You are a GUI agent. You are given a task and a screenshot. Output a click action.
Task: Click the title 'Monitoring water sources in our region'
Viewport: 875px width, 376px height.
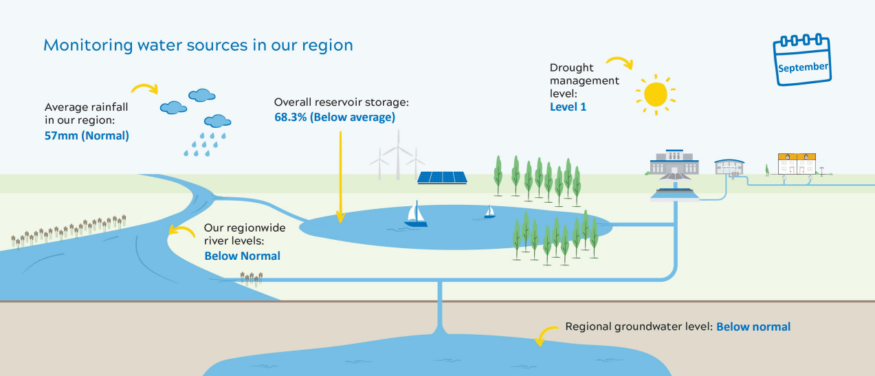click(198, 45)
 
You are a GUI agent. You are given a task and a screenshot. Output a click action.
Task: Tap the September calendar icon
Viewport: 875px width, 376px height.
click(801, 61)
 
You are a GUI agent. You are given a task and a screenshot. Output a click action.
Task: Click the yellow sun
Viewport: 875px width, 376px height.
click(655, 93)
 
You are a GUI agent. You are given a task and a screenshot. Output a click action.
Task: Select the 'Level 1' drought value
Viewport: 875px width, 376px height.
click(568, 107)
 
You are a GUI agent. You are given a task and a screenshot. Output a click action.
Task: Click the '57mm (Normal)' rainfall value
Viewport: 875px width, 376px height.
click(87, 135)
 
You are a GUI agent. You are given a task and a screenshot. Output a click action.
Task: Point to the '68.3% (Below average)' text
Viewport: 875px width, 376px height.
click(334, 117)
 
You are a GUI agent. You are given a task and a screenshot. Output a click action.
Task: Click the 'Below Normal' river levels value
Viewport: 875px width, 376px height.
click(242, 256)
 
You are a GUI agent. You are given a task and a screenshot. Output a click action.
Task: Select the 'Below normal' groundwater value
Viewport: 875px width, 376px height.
click(753, 327)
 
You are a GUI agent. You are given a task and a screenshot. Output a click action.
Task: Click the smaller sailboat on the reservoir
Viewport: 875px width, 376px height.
click(489, 212)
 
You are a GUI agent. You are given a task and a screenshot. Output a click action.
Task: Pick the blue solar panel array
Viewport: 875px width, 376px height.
click(443, 177)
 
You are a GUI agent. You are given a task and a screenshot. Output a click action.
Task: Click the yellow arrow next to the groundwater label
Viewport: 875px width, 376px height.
click(547, 335)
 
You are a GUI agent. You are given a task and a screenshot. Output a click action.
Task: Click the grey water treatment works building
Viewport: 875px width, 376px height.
click(674, 164)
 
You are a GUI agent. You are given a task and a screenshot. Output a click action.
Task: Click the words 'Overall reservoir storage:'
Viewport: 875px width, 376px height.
click(341, 102)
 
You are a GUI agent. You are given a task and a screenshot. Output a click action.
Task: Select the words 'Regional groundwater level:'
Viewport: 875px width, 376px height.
click(638, 327)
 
